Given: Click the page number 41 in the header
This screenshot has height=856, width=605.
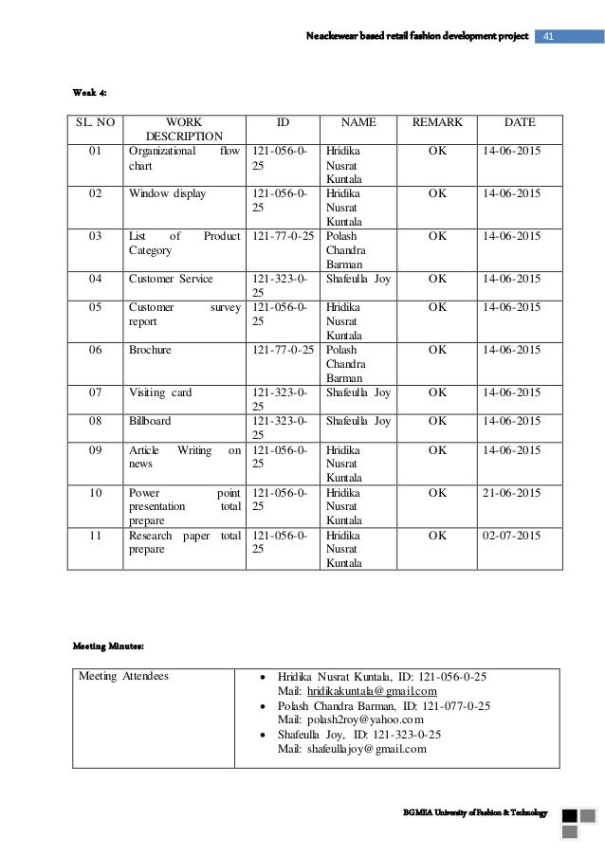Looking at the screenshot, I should [x=549, y=36].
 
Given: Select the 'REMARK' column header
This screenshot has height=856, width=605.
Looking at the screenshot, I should [x=437, y=122].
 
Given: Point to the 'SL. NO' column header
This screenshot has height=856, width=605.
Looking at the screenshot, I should [x=95, y=122].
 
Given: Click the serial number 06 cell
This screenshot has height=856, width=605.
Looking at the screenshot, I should [x=95, y=350].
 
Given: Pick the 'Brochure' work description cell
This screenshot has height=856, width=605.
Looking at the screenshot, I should [x=150, y=350].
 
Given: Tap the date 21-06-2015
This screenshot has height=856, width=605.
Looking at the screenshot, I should [x=512, y=493].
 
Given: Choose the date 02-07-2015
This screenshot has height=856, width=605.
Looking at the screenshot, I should [x=512, y=536].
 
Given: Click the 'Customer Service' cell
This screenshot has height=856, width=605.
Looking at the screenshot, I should [x=171, y=279].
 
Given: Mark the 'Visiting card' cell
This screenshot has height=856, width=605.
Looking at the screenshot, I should [x=160, y=392].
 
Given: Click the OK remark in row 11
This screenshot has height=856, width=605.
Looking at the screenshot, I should [x=437, y=536].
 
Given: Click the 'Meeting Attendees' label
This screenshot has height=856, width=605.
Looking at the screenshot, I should [x=124, y=677].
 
